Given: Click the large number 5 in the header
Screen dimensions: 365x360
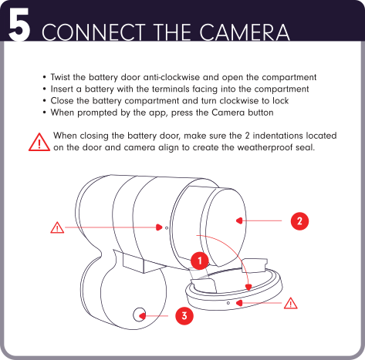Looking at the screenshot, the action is pos(19,24).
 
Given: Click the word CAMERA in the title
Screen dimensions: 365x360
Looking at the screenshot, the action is pos(245,32).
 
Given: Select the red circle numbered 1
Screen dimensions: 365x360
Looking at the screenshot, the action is pos(200,261).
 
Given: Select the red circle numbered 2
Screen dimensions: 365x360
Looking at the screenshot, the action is pos(299,221).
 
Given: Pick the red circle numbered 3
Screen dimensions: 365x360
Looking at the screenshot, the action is pos(184,316).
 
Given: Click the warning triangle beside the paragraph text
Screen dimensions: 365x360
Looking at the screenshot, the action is pos(39,142).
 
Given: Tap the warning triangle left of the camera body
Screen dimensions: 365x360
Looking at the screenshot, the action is pos(57,227).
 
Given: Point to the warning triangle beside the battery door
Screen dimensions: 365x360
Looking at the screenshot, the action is pos(291,303).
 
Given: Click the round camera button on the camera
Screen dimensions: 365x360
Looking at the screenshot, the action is pos(139,315).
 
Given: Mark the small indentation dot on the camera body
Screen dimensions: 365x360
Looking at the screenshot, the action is pos(167,228).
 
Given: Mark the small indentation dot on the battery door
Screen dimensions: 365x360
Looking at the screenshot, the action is pos(228,303).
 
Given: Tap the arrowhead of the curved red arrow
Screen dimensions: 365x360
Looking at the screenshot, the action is pos(248,288).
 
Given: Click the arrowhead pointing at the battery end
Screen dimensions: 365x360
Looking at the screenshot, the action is pos(239,220).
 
